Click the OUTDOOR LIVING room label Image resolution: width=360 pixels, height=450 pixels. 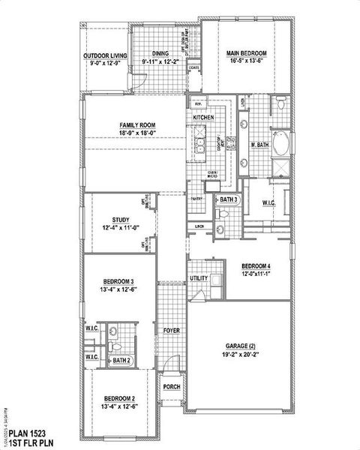tap(105, 55)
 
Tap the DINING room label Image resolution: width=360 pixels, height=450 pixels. tap(160, 53)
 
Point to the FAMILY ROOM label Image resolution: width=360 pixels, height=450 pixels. tap(136, 124)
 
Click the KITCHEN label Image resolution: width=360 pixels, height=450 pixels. tap(204, 118)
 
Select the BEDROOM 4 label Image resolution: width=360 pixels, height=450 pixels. tap(256, 266)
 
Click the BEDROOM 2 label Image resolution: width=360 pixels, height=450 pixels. tap(119, 398)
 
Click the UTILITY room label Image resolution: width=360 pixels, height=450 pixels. tap(198, 278)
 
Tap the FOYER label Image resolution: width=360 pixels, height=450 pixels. tap(170, 330)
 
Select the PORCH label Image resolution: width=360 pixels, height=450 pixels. tap(172, 388)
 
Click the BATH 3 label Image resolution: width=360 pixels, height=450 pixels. tap(229, 199)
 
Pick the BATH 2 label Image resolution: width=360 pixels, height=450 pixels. tap(122, 361)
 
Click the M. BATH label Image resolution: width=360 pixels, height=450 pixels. tap(259, 145)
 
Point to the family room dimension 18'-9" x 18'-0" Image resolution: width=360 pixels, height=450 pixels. tap(136, 133)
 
